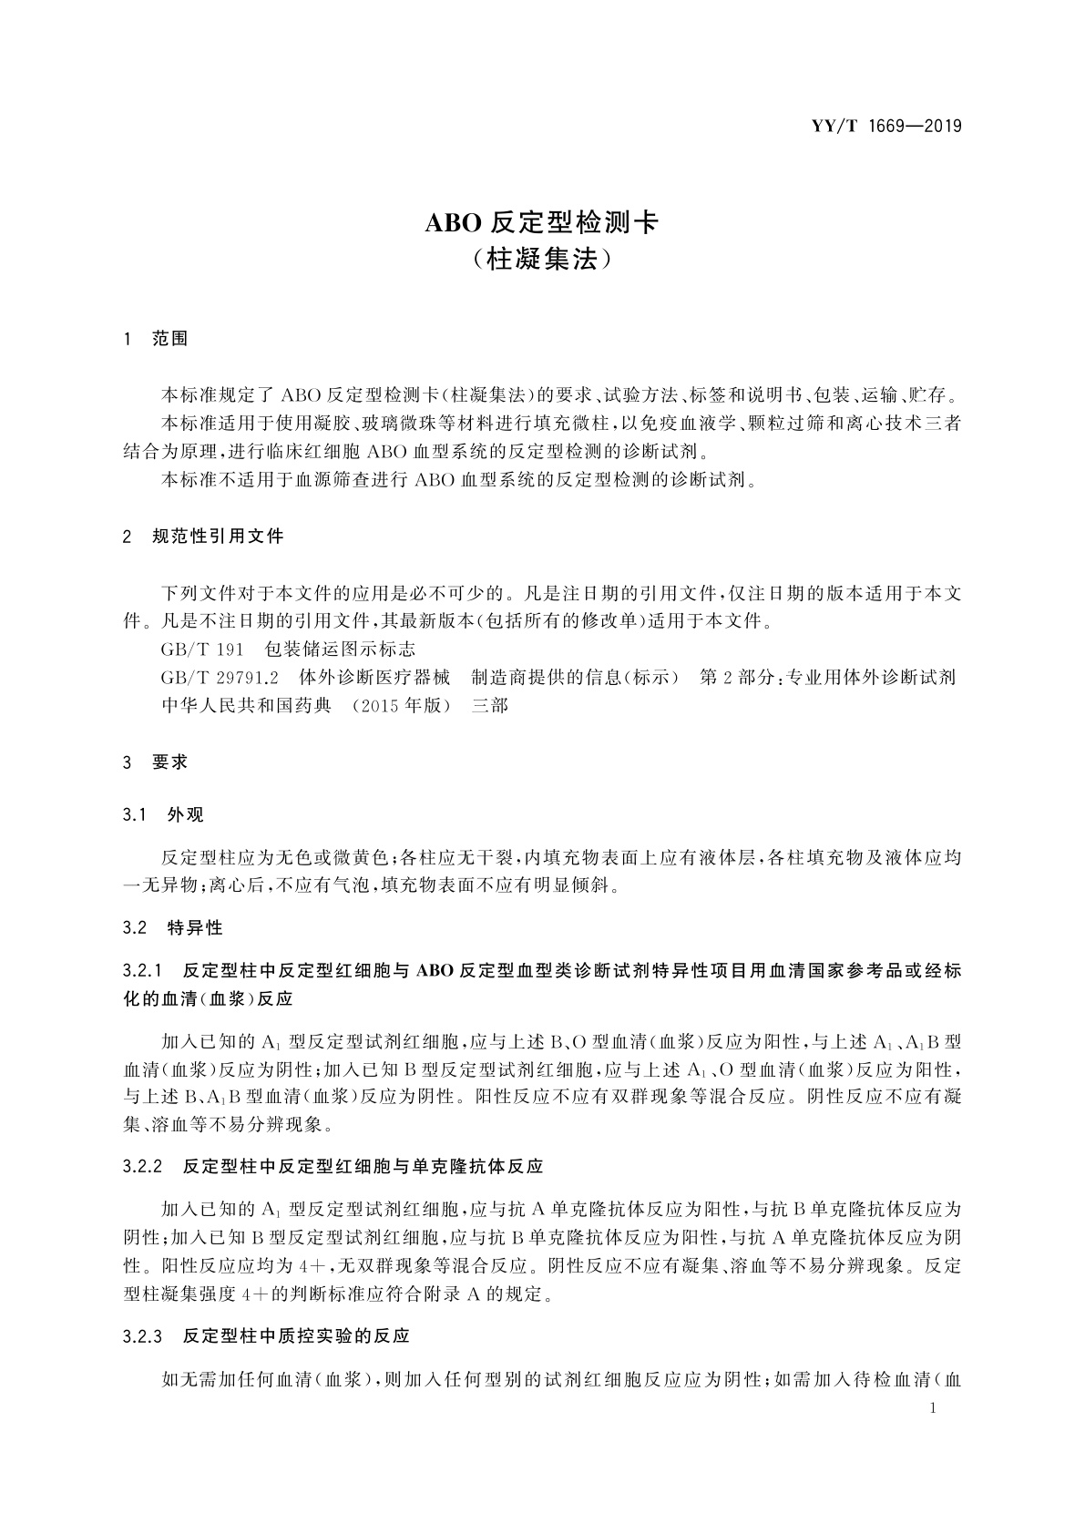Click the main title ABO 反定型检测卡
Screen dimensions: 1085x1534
pyautogui.click(x=541, y=222)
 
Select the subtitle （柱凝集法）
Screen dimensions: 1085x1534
pyautogui.click(x=541, y=260)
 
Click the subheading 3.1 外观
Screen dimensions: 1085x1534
pyautogui.click(x=164, y=814)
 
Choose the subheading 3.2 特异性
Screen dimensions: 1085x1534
pyautogui.click(x=172, y=928)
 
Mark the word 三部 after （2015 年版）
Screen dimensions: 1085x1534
pyautogui.click(x=489, y=705)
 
